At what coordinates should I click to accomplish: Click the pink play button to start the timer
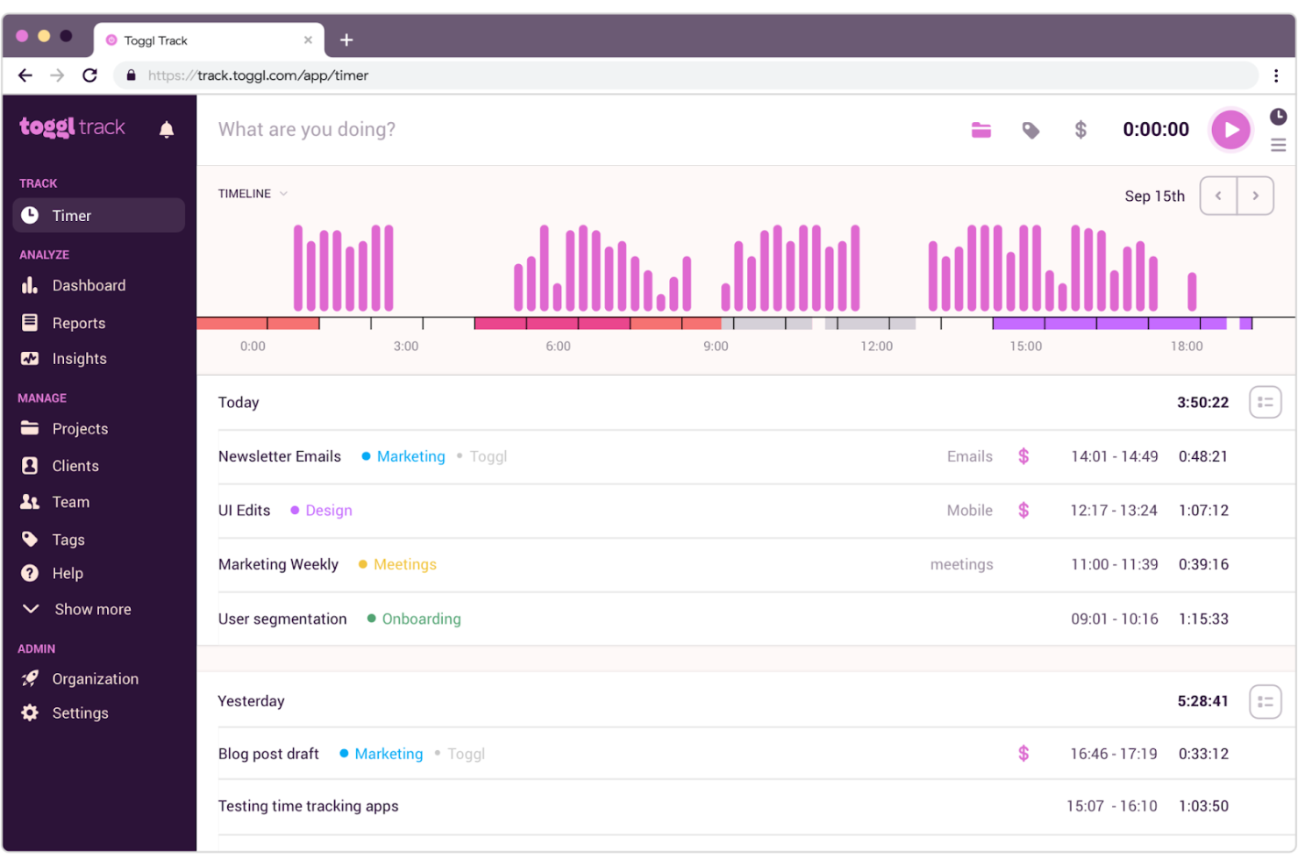coord(1230,130)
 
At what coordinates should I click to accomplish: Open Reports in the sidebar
coord(78,323)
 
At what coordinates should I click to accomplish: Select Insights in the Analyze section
coord(79,359)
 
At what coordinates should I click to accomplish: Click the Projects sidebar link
coord(80,429)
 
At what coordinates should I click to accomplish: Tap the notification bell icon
coord(167,130)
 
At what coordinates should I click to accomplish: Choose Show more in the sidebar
coord(92,609)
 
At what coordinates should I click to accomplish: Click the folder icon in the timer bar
coord(981,131)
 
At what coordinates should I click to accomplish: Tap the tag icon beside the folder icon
coord(1031,131)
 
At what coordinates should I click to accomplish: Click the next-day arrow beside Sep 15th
coord(1255,196)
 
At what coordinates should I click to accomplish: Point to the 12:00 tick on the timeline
coord(876,347)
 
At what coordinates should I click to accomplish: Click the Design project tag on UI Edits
coord(328,511)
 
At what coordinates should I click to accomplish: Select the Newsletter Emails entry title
coord(280,456)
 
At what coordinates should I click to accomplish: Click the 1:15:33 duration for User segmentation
coord(1203,619)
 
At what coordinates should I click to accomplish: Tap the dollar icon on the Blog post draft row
coord(1023,754)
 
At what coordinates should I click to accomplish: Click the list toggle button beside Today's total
coord(1265,403)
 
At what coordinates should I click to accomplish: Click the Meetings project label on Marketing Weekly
coord(404,564)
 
